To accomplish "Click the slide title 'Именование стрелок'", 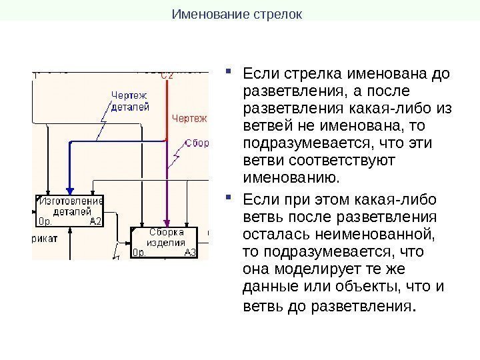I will (x=237, y=13).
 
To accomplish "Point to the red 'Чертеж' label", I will (x=189, y=119).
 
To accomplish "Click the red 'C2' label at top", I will (x=167, y=76).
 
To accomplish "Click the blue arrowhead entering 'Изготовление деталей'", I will (x=69, y=190).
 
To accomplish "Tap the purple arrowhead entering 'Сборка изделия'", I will (x=167, y=223).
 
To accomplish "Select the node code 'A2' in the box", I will (x=95, y=221).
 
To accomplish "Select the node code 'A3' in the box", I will (x=190, y=253).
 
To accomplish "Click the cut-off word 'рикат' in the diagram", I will (x=44, y=237).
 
